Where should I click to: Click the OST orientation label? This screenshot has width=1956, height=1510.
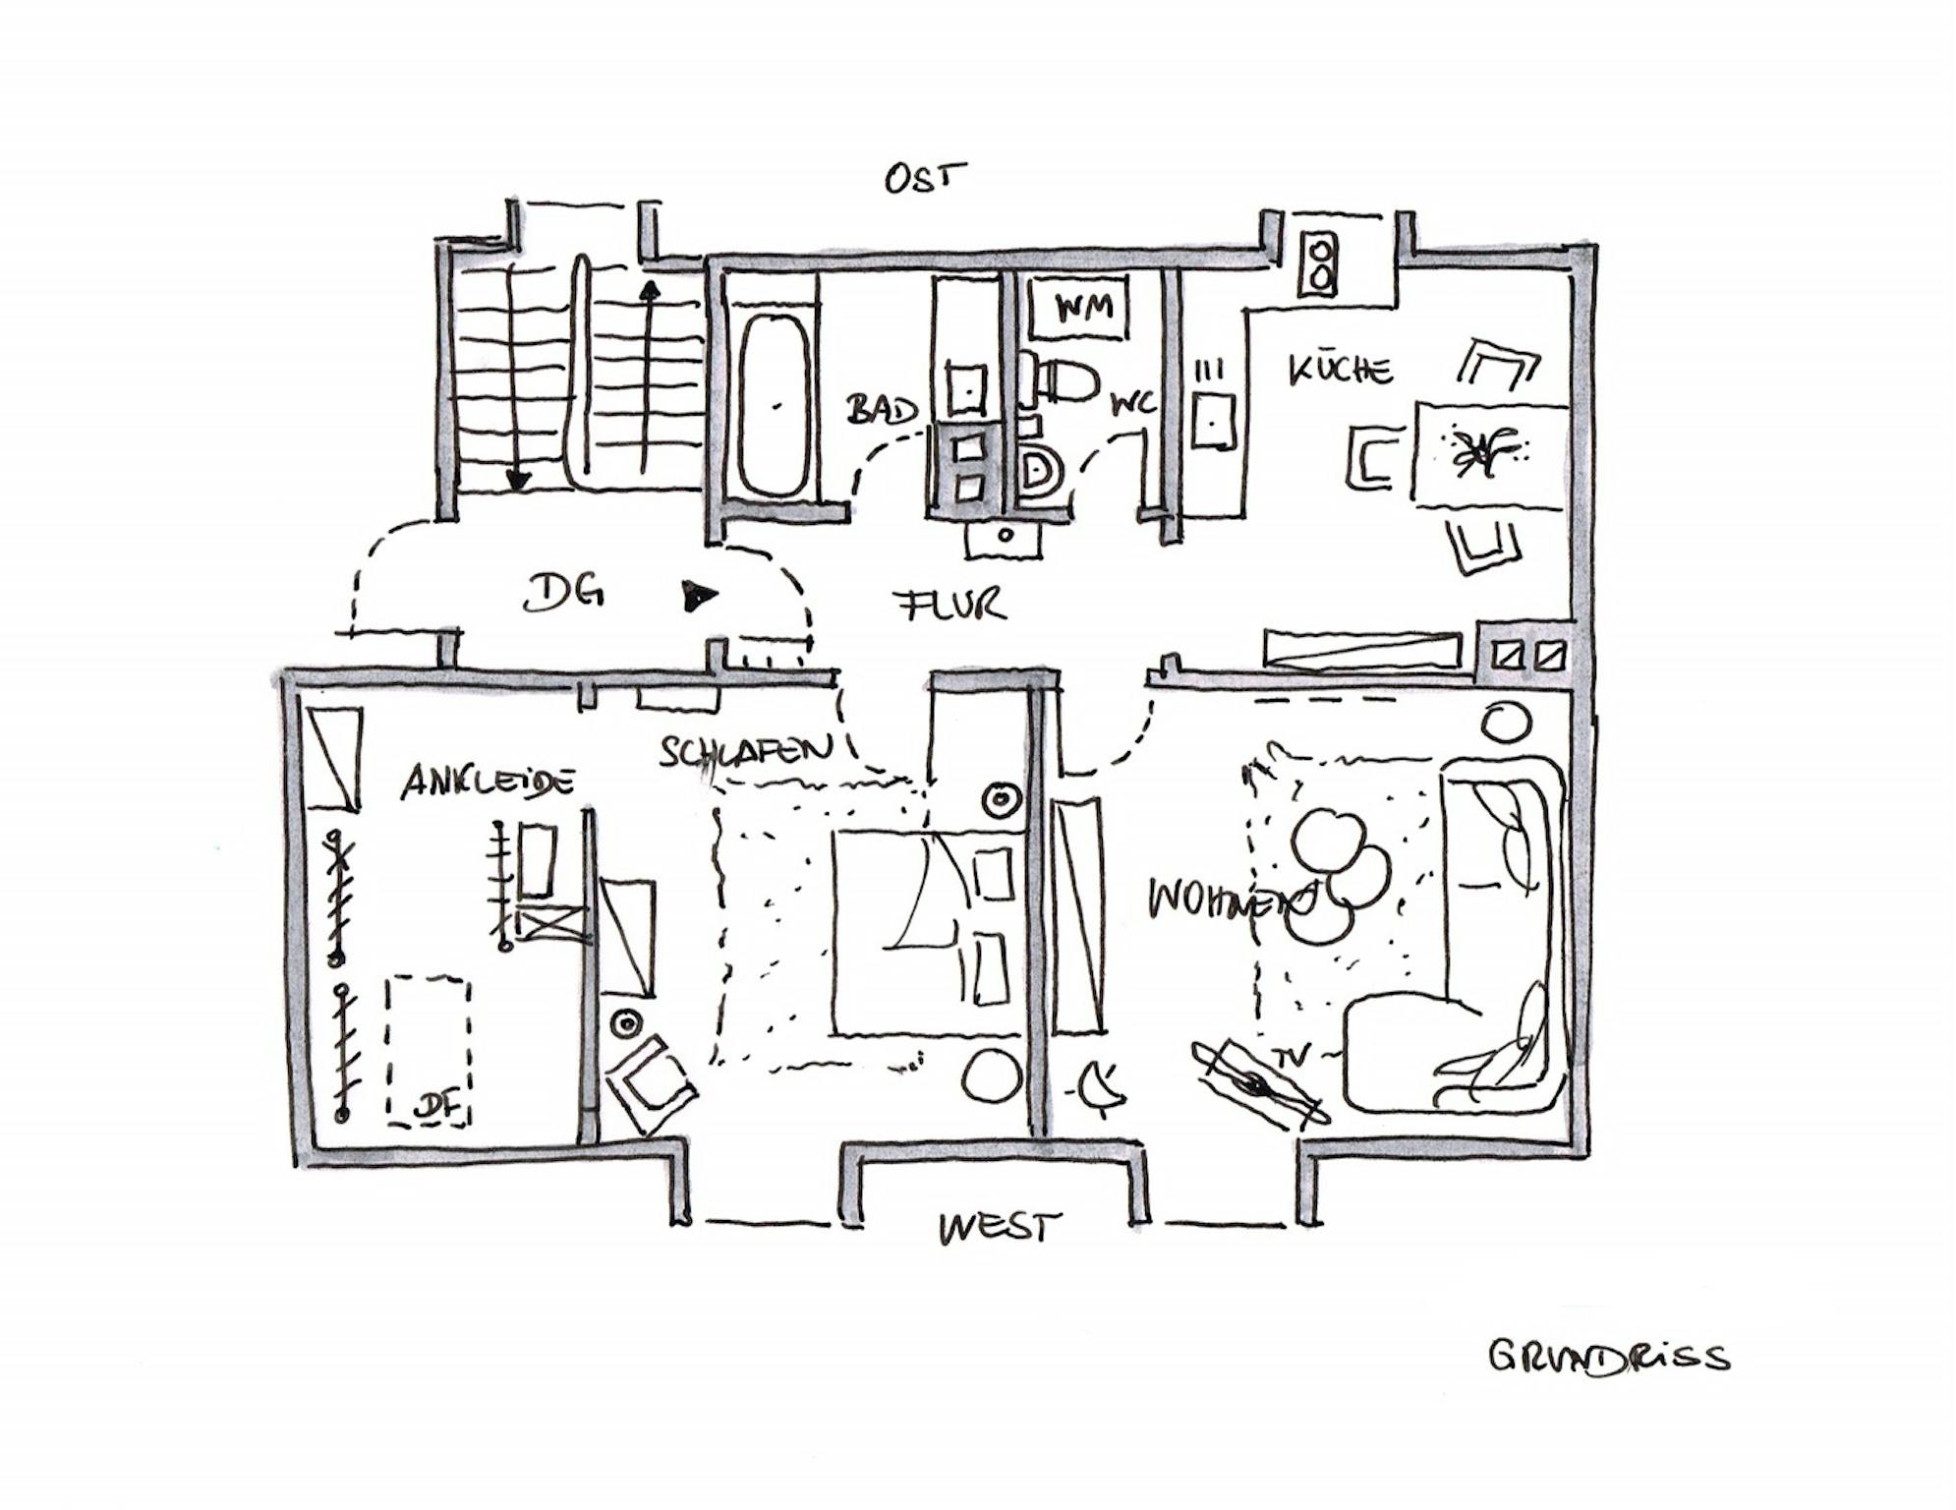924,178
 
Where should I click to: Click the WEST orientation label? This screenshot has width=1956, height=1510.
999,1228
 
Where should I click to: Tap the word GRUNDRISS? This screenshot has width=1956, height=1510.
1607,1357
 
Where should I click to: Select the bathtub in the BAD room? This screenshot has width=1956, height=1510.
774,404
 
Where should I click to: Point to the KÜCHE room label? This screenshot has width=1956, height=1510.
1340,370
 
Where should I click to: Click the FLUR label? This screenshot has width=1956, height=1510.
952,603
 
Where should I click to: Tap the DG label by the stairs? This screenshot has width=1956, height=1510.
562,593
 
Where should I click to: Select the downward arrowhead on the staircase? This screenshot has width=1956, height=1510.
517,479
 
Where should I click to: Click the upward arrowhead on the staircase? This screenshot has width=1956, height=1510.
648,290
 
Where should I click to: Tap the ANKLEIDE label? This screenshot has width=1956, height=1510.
487,783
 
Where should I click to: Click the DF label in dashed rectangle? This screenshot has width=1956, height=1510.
437,1106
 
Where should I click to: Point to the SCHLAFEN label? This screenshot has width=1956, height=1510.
744,752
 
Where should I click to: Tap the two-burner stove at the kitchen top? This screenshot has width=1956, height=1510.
1319,263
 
